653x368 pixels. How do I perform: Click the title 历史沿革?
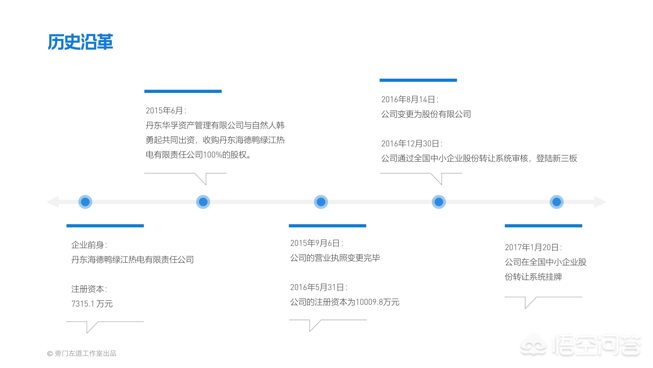click(x=80, y=42)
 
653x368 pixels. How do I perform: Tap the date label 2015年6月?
click(x=165, y=110)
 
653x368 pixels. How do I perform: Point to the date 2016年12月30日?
click(x=410, y=144)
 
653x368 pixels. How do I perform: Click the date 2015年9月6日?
click(x=315, y=243)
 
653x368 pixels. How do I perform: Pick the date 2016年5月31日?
click(x=317, y=287)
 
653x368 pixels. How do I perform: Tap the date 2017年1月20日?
click(x=532, y=247)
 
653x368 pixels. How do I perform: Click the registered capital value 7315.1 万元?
click(x=92, y=303)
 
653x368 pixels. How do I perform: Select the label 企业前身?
click(x=87, y=245)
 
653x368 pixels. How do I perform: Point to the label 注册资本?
click(x=87, y=289)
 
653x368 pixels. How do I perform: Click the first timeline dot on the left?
click(x=85, y=202)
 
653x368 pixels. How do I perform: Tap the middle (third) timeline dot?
click(x=321, y=202)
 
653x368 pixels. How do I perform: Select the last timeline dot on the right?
click(x=557, y=202)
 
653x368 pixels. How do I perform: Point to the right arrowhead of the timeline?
click(x=600, y=202)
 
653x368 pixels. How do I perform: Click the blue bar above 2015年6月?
click(x=183, y=91)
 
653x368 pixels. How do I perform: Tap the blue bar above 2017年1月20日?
click(x=544, y=226)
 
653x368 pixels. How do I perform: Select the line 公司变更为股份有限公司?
click(x=426, y=114)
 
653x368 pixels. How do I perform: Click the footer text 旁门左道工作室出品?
click(x=85, y=354)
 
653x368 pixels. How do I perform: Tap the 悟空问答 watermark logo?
click(x=580, y=344)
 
